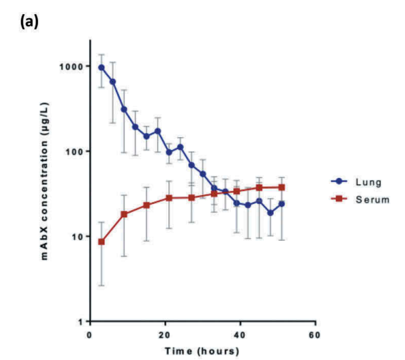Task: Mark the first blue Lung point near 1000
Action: coord(102,67)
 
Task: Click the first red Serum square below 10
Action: coord(102,242)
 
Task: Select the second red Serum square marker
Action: coord(124,214)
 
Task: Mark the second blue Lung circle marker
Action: coord(112,82)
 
